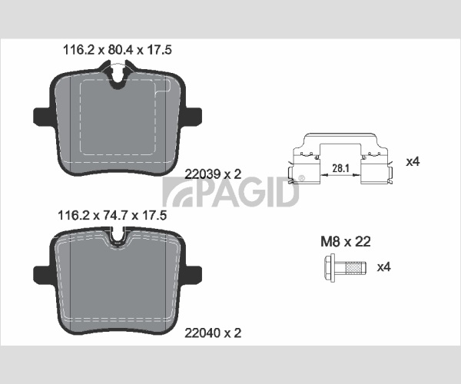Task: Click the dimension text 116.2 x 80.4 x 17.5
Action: pos(118,50)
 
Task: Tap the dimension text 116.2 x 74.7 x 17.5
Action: pos(112,215)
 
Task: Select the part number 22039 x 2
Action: pos(213,174)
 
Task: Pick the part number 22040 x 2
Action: pos(213,333)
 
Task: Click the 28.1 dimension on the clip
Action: pos(340,168)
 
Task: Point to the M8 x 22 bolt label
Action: pos(346,241)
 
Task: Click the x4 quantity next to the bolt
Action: pos(384,267)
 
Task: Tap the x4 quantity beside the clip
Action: pos(413,161)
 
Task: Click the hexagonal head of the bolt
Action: pos(330,268)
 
